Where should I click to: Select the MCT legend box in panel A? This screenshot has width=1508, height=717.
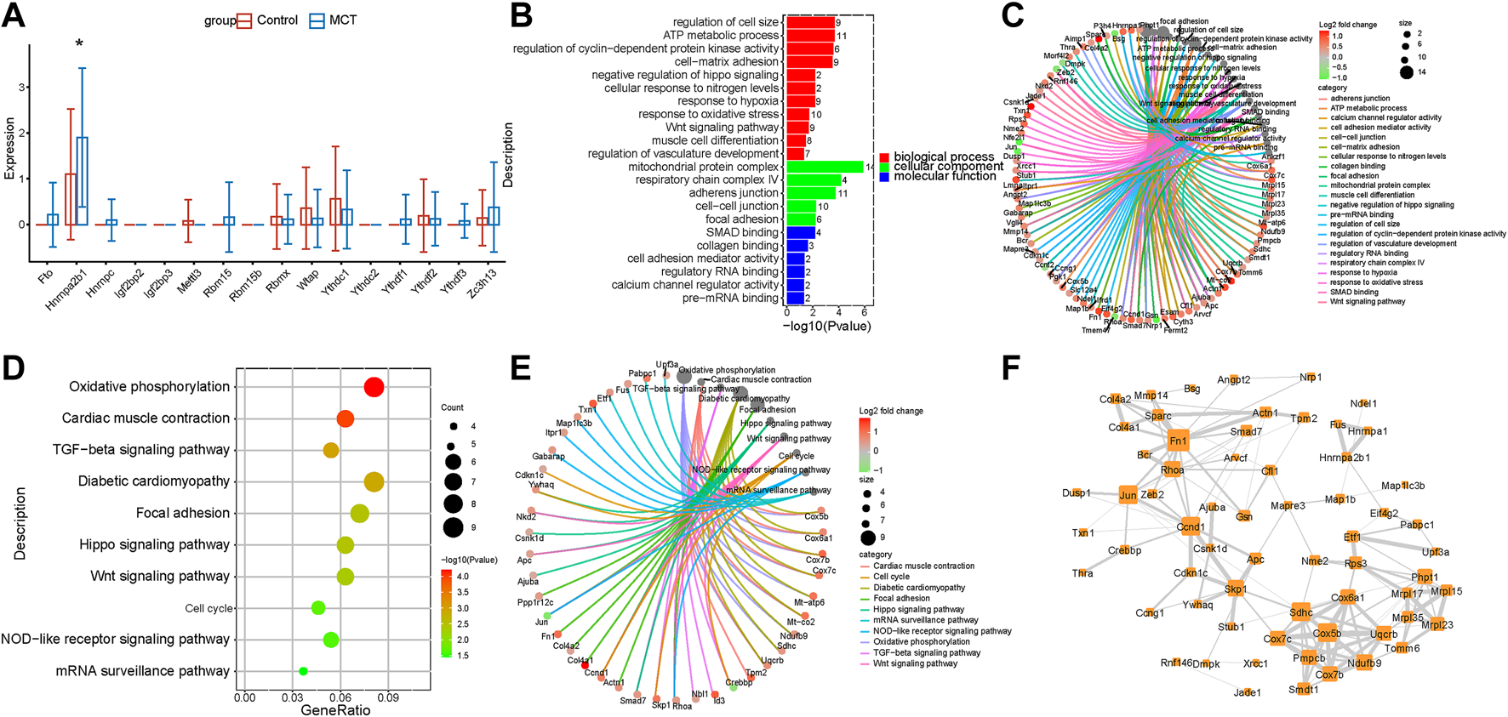point(317,20)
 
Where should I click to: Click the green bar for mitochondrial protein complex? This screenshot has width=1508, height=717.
point(824,167)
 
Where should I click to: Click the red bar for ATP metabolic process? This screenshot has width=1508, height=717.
point(809,36)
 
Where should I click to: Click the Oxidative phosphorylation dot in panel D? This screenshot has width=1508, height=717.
point(374,387)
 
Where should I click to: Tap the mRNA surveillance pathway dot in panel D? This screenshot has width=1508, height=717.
point(304,671)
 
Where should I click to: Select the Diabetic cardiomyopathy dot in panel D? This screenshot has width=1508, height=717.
point(374,482)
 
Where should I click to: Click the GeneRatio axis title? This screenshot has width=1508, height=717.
point(335,709)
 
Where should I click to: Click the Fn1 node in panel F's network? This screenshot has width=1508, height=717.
point(1178,441)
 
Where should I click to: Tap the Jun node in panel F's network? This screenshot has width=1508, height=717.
point(1128,495)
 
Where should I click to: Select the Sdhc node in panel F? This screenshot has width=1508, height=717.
point(1300,612)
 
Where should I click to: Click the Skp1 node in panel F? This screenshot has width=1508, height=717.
point(1236,589)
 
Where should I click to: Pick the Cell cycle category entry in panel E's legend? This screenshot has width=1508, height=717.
point(891,577)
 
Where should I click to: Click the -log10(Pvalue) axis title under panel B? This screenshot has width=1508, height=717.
point(826,326)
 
